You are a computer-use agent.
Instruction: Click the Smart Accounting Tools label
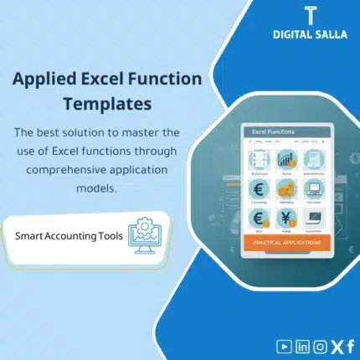coord(69,235)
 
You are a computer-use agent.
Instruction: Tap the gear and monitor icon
coord(142,234)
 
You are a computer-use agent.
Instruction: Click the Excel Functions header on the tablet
coord(266,132)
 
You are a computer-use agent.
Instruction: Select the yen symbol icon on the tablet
coord(285,218)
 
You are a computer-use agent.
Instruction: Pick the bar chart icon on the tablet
coord(285,159)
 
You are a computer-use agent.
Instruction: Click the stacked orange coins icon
coord(285,188)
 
